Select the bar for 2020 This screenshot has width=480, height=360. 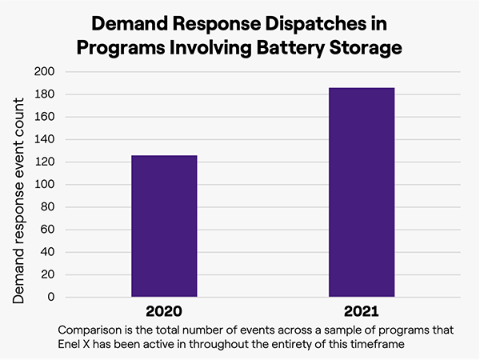[164, 226]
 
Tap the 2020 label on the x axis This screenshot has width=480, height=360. [164, 311]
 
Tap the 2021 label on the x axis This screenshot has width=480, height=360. [362, 311]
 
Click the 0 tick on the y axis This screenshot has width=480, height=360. [50, 297]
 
